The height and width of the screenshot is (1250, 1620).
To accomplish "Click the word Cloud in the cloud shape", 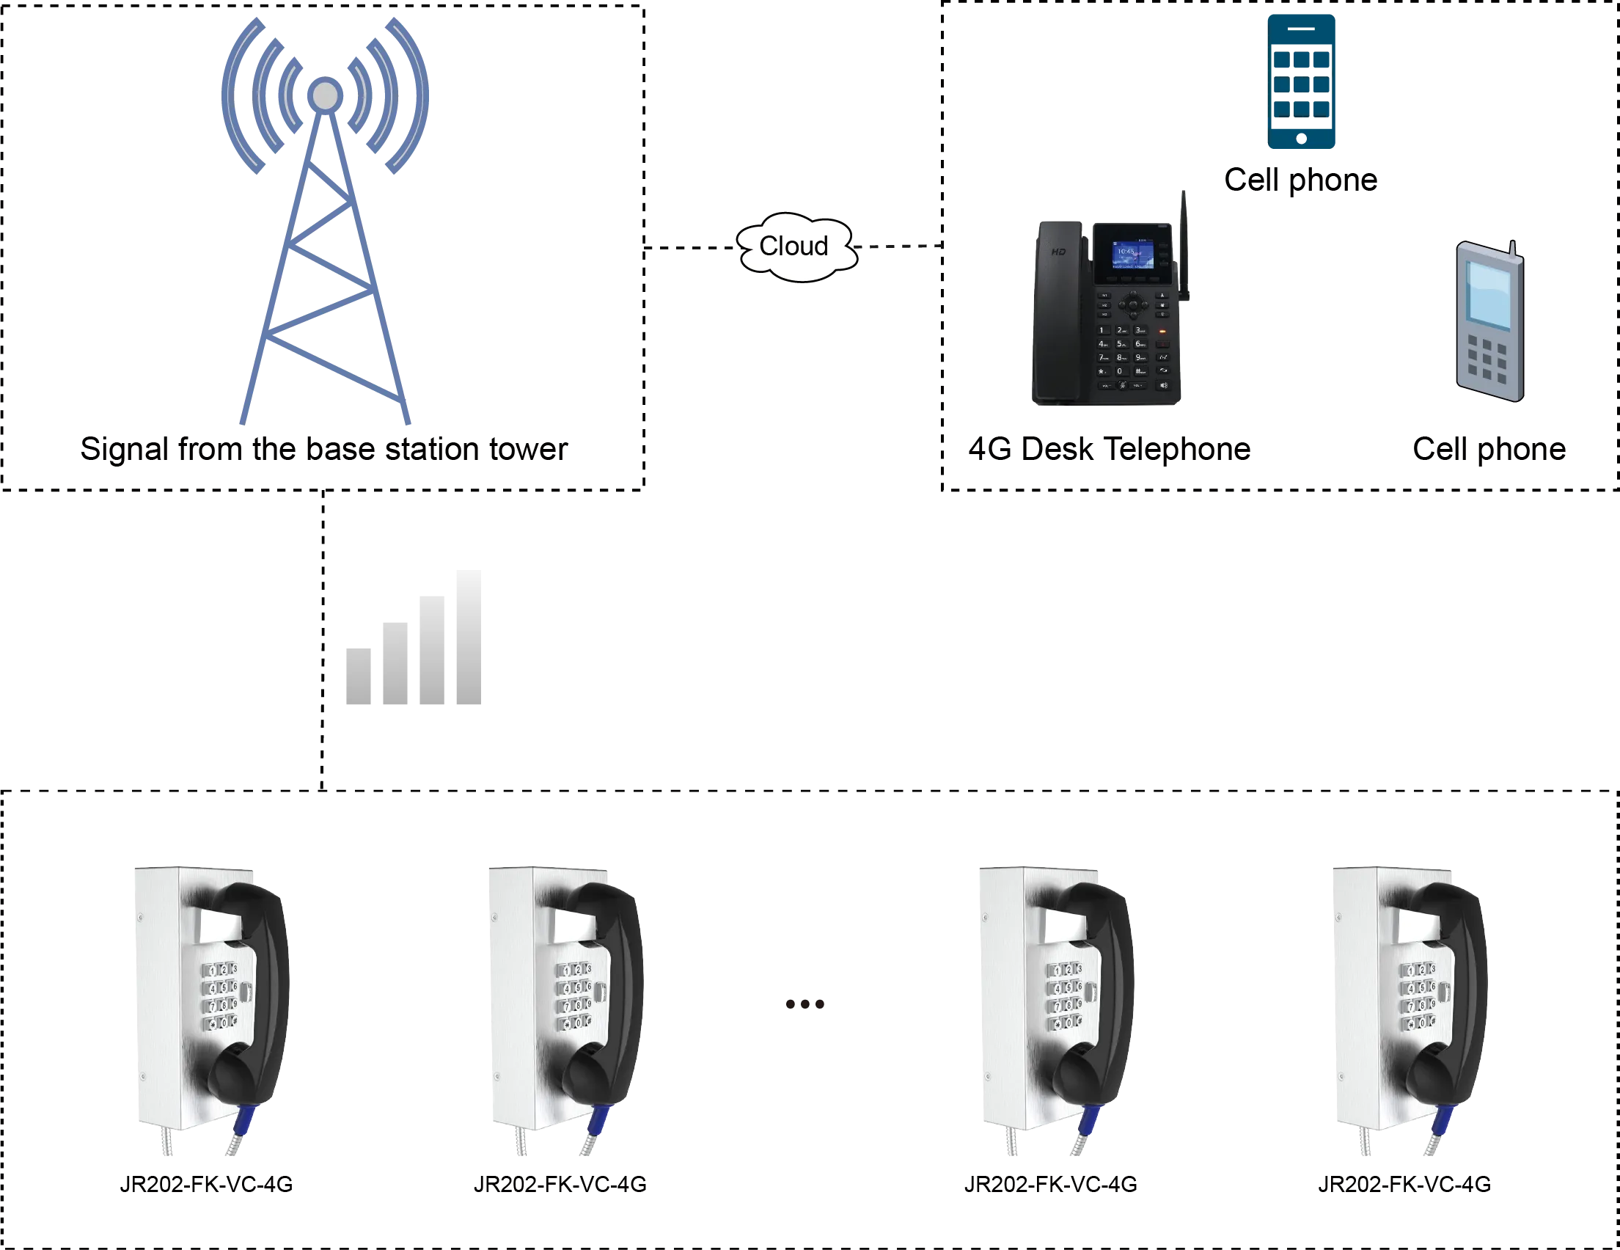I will (x=793, y=246).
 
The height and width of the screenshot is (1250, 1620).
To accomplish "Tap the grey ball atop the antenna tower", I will (x=325, y=95).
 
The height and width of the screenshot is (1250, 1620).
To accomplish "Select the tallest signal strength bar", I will (x=466, y=640).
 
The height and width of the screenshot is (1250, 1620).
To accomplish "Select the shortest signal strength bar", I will (x=361, y=677).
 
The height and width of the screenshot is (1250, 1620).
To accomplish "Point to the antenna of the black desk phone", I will (x=1184, y=238).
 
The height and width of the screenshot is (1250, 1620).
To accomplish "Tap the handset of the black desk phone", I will (x=1058, y=312).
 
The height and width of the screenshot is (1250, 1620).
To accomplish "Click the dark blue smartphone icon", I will (x=1302, y=81).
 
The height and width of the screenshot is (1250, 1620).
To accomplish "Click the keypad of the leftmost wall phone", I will (x=220, y=996).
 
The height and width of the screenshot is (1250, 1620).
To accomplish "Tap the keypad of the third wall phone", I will (x=1063, y=996).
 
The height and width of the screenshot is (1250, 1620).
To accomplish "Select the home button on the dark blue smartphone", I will (x=1302, y=139).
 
